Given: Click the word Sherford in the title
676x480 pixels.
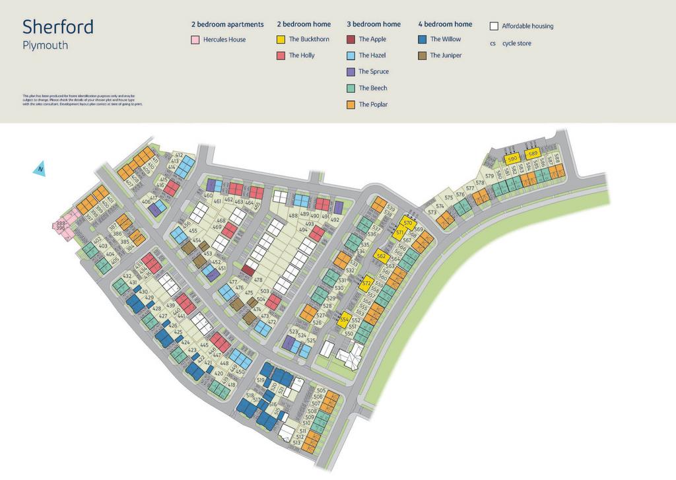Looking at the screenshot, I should [x=58, y=27].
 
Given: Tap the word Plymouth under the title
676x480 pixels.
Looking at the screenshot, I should [x=45, y=46].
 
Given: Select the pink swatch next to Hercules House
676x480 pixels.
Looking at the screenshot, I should [x=195, y=40].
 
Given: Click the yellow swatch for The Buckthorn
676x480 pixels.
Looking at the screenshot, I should [x=281, y=40].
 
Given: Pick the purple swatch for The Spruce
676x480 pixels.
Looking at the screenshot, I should [x=351, y=72].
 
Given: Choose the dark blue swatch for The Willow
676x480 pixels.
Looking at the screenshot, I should [x=422, y=40].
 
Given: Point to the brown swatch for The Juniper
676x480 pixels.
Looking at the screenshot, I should [x=422, y=55].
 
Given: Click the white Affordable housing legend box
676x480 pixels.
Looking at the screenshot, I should [x=493, y=26].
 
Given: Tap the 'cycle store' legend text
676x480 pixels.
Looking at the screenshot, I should [x=516, y=44].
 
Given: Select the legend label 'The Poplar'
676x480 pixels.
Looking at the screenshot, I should [x=373, y=104].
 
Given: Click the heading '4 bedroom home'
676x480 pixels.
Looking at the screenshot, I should [x=445, y=24].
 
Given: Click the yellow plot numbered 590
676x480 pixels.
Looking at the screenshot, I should [x=512, y=159].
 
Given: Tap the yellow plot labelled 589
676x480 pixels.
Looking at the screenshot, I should [x=533, y=154].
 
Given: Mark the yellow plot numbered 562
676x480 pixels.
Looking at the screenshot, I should [x=380, y=256].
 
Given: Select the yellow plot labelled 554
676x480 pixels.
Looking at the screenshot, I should [x=344, y=320].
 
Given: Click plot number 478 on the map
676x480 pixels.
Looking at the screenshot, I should [x=257, y=280].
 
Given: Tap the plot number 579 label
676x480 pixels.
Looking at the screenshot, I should [x=489, y=176].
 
